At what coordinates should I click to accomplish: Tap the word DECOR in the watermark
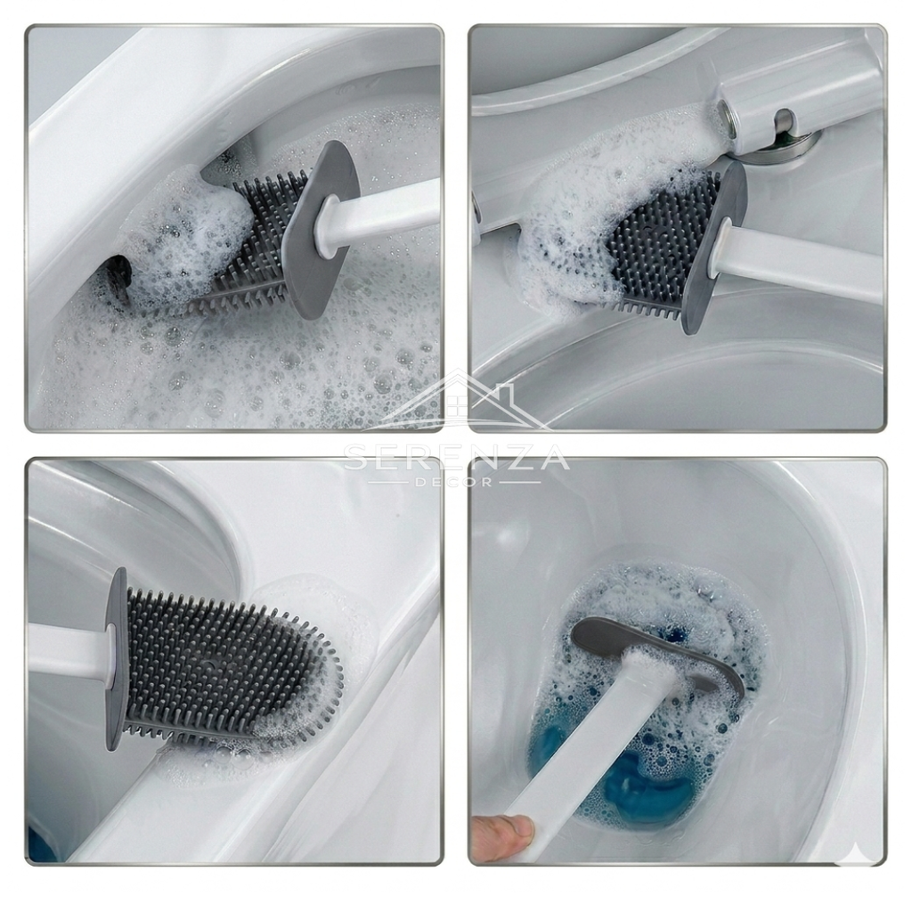tap(456, 482)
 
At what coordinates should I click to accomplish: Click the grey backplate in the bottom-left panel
tap(117, 657)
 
